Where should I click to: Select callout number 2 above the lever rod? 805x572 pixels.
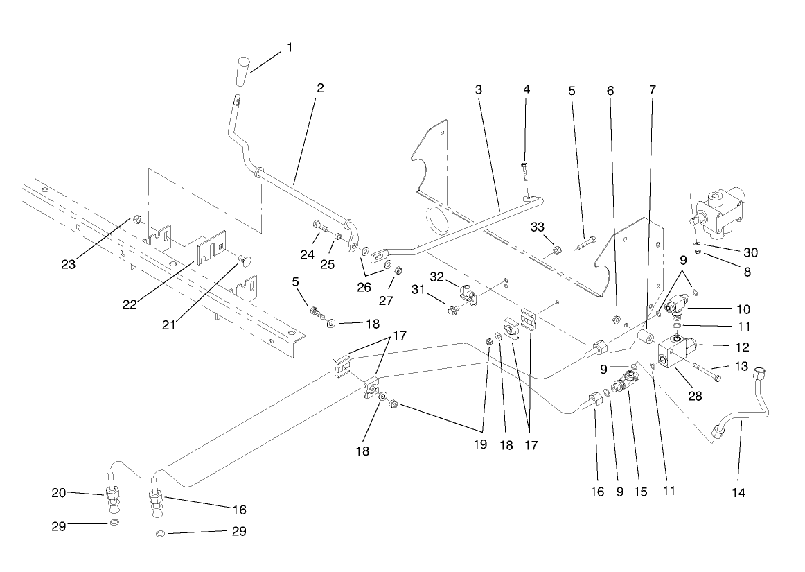pos(320,88)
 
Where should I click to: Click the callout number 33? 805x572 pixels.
pos(538,227)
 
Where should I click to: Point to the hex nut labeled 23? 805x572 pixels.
pos(137,220)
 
